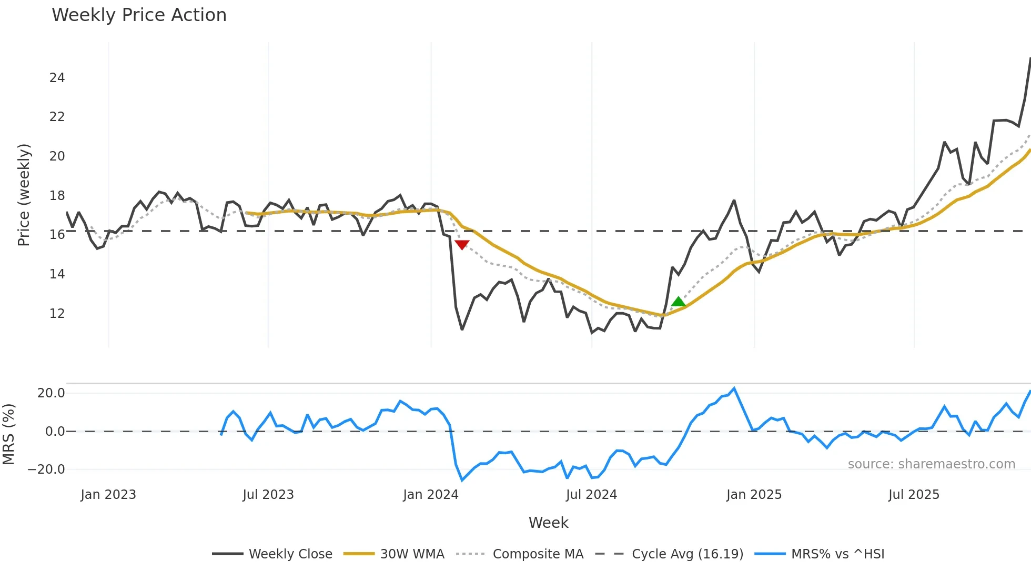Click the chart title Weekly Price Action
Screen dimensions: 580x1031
(139, 15)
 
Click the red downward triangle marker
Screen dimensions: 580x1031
(462, 245)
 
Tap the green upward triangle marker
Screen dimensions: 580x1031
(679, 302)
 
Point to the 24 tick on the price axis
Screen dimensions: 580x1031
(57, 78)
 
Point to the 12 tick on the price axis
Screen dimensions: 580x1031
(57, 314)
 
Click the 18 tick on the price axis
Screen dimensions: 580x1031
(57, 196)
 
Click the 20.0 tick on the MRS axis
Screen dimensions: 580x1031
(51, 393)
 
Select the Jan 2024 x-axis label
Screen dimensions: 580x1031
(431, 495)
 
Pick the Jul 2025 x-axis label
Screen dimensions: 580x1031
(914, 495)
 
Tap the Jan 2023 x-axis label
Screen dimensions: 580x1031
(108, 495)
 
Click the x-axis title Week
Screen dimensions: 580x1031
(548, 523)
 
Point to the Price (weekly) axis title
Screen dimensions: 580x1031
(24, 195)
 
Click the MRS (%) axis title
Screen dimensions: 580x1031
(8, 434)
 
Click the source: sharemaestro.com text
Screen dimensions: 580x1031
(931, 464)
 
